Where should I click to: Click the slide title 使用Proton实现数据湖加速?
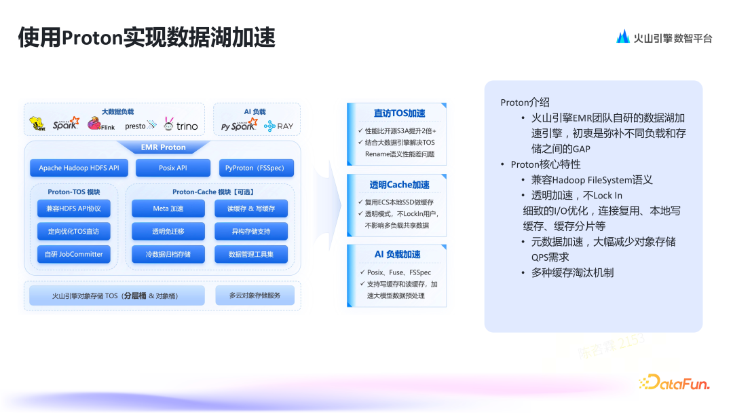click(x=147, y=38)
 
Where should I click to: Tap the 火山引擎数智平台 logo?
click(x=664, y=38)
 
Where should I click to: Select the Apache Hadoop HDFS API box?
click(x=79, y=168)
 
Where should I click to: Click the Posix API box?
click(x=172, y=168)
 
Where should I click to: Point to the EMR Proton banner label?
click(x=163, y=147)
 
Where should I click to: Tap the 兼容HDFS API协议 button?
click(x=73, y=209)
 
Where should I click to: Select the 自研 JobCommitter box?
click(x=73, y=254)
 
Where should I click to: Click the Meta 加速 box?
click(x=168, y=209)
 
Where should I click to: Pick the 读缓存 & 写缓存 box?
click(x=251, y=209)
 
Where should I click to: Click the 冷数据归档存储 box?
click(x=168, y=254)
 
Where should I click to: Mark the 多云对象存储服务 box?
click(x=255, y=295)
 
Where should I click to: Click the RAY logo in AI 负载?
click(x=279, y=126)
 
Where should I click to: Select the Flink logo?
click(x=103, y=124)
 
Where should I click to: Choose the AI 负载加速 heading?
click(x=398, y=255)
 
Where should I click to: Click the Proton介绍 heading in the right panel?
click(x=525, y=103)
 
